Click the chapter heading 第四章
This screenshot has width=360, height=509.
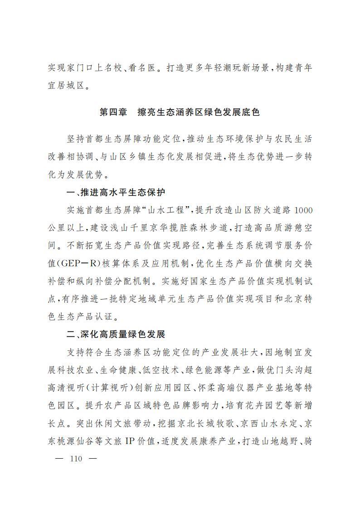tap(113, 112)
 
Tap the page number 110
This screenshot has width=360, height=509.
tap(76, 459)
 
